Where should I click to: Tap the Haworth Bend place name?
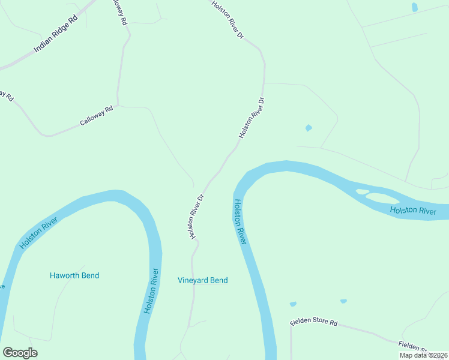coord(74,275)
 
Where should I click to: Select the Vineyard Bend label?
coord(203,280)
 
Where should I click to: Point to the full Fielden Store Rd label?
coord(313,322)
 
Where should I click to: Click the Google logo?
coord(20,353)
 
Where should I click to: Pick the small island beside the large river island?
coord(362,192)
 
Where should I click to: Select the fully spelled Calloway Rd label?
coord(97,116)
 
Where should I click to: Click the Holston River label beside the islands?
coord(412,211)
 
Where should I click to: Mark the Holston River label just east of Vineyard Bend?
coord(240,221)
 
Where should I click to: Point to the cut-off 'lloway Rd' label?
coord(120,11)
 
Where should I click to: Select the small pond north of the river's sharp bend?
coord(309,128)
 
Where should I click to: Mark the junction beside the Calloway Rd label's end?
coord(118,106)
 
